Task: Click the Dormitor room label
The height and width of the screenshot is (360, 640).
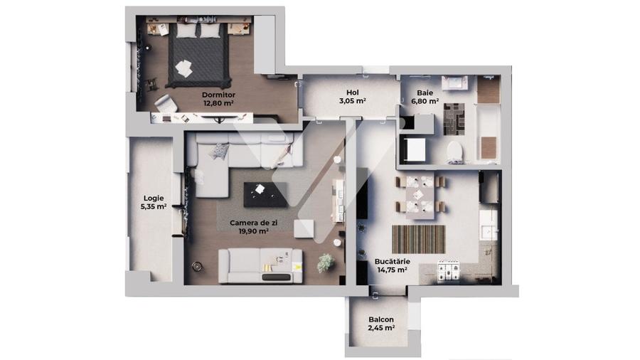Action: (x=218, y=95)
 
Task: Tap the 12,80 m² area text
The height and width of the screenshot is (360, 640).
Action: (x=218, y=103)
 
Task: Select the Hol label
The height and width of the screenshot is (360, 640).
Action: (x=352, y=92)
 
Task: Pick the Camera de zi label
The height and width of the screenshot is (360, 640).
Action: (x=248, y=223)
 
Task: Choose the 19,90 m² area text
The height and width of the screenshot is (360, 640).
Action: (x=248, y=231)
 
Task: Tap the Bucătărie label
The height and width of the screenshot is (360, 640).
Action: (x=391, y=261)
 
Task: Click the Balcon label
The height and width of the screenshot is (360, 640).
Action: (x=381, y=319)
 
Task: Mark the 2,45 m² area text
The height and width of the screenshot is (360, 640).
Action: (x=381, y=328)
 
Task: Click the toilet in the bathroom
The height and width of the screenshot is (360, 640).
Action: (x=454, y=151)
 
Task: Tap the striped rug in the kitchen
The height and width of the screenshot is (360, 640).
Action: (x=418, y=238)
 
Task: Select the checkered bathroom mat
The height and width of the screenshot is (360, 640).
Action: (x=454, y=118)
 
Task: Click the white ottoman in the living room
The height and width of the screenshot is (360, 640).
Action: (x=304, y=228)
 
